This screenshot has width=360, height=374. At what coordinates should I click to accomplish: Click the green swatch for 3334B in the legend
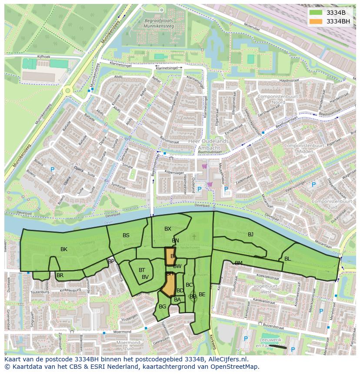(316, 13)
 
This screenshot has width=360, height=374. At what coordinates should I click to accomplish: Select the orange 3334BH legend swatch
(316, 21)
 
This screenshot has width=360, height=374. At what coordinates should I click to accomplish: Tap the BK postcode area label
(64, 249)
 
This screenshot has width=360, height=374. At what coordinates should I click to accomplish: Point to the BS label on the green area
(126, 235)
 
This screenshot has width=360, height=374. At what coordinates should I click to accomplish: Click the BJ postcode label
(250, 235)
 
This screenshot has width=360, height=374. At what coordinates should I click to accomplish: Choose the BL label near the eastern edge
(287, 259)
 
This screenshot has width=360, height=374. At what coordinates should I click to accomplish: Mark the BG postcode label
(162, 307)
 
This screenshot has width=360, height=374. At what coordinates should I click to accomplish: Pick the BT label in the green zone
(142, 270)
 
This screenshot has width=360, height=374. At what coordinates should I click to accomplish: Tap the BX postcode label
(168, 229)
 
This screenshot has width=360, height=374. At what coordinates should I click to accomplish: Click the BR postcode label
(60, 275)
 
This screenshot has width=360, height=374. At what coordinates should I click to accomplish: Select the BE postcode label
(202, 295)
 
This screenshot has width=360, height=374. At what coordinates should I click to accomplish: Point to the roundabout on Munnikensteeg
(67, 91)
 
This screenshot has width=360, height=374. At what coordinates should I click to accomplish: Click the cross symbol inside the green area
(194, 237)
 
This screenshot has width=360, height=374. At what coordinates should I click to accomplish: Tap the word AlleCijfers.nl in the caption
(226, 359)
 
